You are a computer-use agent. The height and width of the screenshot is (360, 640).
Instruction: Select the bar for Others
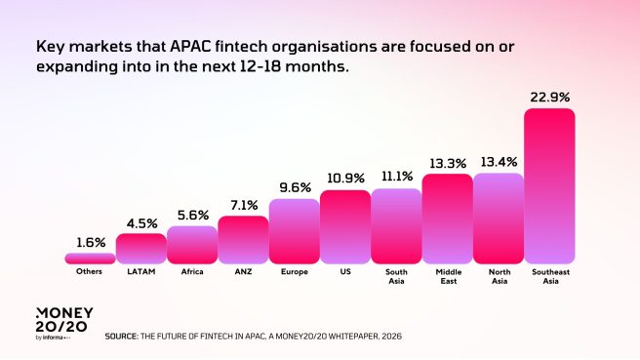coord(90,259)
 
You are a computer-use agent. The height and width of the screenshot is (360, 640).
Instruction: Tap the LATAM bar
coord(140,249)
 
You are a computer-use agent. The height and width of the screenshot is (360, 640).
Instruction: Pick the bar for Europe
coord(294,231)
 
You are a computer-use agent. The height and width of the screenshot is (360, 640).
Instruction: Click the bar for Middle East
coord(447,219)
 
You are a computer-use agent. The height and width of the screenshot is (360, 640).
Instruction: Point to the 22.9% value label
coord(549,98)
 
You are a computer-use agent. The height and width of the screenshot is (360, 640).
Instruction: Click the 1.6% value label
coord(90,242)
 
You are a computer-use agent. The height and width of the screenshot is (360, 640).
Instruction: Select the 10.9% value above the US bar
coord(345,179)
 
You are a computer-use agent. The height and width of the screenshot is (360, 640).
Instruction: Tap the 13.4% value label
coord(499,161)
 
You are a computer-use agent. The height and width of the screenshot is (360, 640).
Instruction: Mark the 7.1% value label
coord(243,205)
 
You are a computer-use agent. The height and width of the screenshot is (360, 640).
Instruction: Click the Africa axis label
coord(192,271)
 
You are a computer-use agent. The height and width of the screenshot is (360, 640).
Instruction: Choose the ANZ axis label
coord(243,271)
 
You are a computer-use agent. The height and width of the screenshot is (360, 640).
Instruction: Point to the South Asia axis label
coord(396,275)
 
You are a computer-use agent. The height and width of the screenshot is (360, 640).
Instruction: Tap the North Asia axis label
coord(499,275)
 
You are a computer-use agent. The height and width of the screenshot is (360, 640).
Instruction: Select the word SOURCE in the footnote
coord(123,336)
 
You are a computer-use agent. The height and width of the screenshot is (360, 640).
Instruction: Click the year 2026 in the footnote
coord(390,336)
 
